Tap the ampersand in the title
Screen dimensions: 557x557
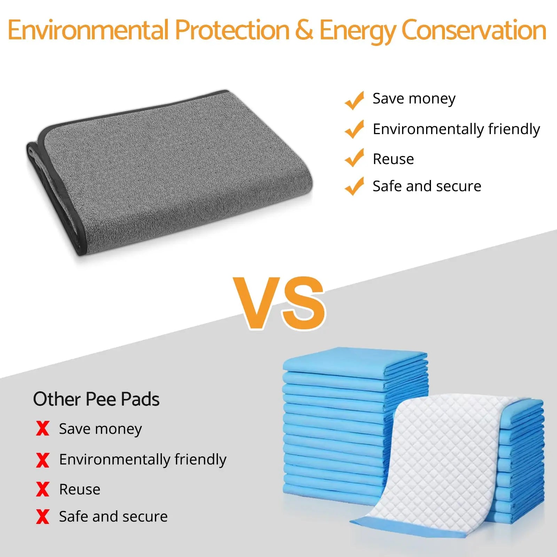[304, 30]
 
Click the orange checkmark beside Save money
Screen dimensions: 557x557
[354, 100]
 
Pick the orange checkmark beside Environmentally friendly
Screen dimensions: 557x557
[354, 129]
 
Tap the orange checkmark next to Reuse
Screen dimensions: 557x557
[354, 158]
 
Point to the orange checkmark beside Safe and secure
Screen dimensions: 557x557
[354, 186]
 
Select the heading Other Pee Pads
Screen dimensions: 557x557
[96, 399]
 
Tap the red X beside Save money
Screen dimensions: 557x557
[42, 428]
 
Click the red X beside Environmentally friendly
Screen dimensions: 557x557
[42, 460]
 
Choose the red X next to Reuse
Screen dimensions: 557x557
[42, 489]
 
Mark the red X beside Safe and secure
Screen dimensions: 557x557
[42, 517]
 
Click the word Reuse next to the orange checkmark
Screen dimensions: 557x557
[393, 159]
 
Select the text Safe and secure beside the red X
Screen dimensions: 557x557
[113, 517]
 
